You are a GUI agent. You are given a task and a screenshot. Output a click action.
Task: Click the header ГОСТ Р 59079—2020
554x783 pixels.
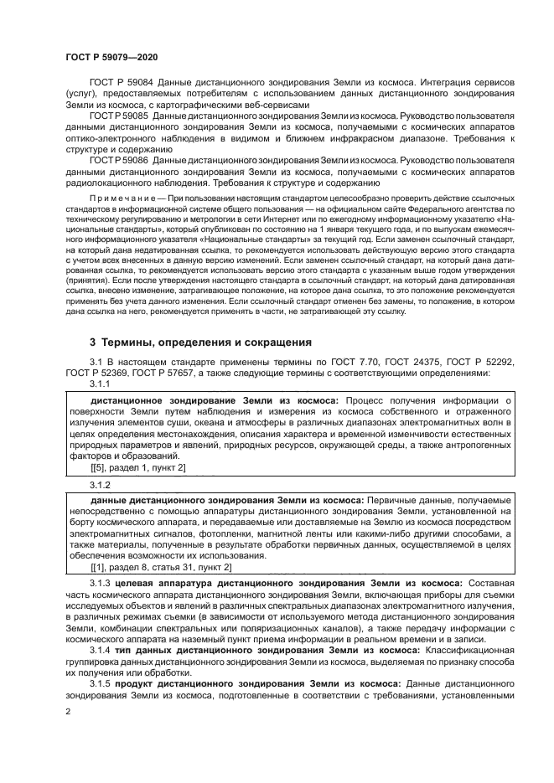point(111,56)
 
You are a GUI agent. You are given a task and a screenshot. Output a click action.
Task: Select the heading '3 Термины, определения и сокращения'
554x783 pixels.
point(201,343)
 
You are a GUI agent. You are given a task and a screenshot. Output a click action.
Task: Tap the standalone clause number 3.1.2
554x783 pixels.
point(101,484)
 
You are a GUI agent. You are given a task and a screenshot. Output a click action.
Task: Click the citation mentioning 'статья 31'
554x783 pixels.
point(149,567)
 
